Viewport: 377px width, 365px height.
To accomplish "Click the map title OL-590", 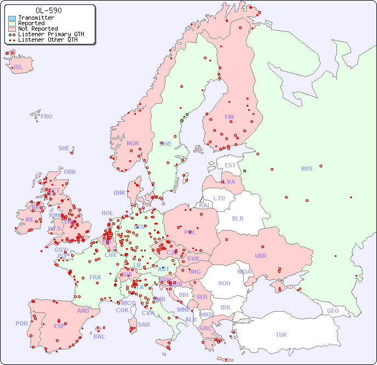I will [48, 10].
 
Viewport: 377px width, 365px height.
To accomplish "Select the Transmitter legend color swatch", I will [12, 18].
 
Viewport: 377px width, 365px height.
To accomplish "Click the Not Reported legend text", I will [37, 29].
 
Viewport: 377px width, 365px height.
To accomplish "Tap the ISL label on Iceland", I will [19, 68].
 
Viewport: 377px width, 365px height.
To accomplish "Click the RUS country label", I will [306, 169].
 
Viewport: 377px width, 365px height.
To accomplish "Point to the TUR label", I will [281, 335].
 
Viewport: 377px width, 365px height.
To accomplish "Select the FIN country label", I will [229, 117].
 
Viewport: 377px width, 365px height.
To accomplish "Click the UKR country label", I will [261, 256].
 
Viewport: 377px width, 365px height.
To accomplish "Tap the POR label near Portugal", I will [21, 323].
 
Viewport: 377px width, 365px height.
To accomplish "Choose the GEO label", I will [333, 311].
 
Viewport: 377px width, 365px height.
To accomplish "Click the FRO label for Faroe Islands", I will [47, 116].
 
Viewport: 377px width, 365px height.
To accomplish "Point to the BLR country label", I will [237, 218].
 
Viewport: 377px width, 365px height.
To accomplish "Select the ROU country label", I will [224, 283].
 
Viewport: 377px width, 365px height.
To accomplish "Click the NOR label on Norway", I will [133, 143].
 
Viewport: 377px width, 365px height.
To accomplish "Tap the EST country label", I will [230, 165].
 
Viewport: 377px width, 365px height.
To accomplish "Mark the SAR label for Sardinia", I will [144, 324].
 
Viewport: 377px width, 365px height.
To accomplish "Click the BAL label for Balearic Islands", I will [99, 336].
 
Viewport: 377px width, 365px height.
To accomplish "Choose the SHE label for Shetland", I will [64, 148].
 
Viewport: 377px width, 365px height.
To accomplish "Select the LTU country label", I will [219, 198].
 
